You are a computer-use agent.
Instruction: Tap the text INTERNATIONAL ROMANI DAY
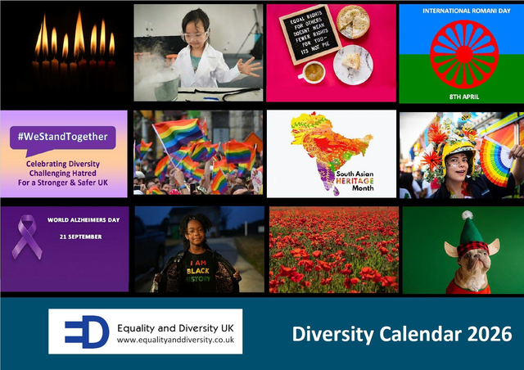[459, 11]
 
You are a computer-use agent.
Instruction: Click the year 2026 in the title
[490, 334]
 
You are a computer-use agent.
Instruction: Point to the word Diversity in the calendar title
[326, 334]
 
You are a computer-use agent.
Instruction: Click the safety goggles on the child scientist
[195, 36]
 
